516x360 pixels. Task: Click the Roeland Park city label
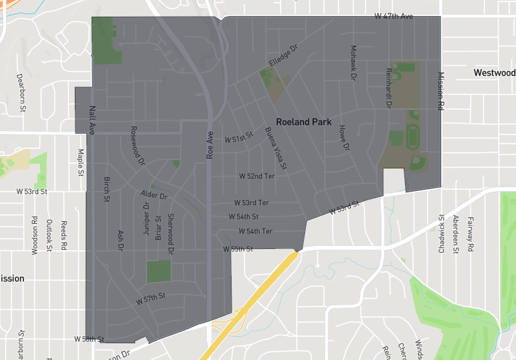point(303,121)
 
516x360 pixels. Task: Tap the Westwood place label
point(494,72)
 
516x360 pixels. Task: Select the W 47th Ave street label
point(394,15)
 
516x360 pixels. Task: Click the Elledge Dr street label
point(284,56)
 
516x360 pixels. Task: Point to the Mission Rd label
point(442,92)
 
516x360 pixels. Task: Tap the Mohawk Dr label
point(353,63)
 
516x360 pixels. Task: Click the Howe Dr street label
point(344,138)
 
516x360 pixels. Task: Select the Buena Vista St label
point(276,149)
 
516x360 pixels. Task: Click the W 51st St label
point(239,138)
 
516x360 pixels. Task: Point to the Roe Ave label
point(210,147)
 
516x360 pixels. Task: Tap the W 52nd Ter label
point(257,175)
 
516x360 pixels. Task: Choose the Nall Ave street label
point(92,121)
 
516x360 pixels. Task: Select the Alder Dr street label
point(154,195)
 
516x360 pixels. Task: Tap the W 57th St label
point(151,299)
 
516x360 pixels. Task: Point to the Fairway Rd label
point(470,234)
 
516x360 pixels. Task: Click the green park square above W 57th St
point(159,272)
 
